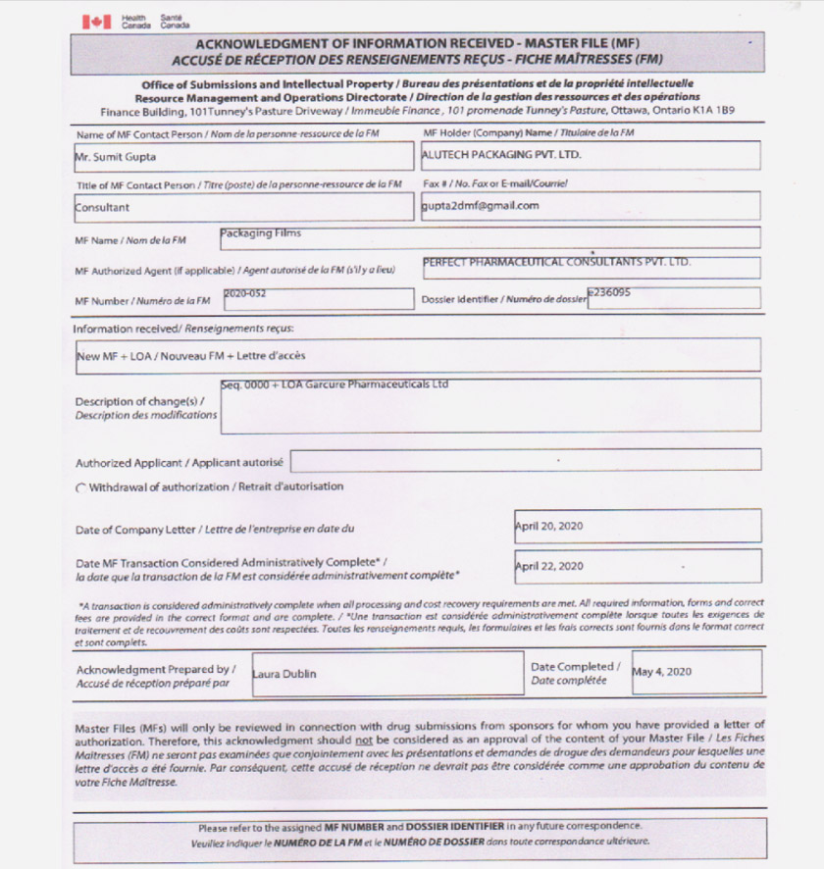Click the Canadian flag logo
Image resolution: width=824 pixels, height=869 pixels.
(x=95, y=22)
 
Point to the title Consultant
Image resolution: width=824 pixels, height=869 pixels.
(x=102, y=208)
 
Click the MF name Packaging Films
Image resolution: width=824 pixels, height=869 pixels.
(x=261, y=233)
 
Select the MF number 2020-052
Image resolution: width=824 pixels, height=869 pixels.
(x=245, y=293)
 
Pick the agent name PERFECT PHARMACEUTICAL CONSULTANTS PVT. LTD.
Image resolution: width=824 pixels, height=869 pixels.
(x=556, y=262)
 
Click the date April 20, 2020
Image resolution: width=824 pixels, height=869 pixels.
(x=549, y=527)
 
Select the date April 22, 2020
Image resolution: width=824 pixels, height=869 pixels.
(x=549, y=566)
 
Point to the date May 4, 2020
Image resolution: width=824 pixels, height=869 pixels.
(x=662, y=672)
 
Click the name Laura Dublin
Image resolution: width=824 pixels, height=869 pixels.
(x=284, y=674)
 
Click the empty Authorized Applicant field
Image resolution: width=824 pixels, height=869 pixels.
(x=525, y=459)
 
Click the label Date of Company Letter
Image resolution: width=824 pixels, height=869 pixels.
(x=137, y=530)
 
